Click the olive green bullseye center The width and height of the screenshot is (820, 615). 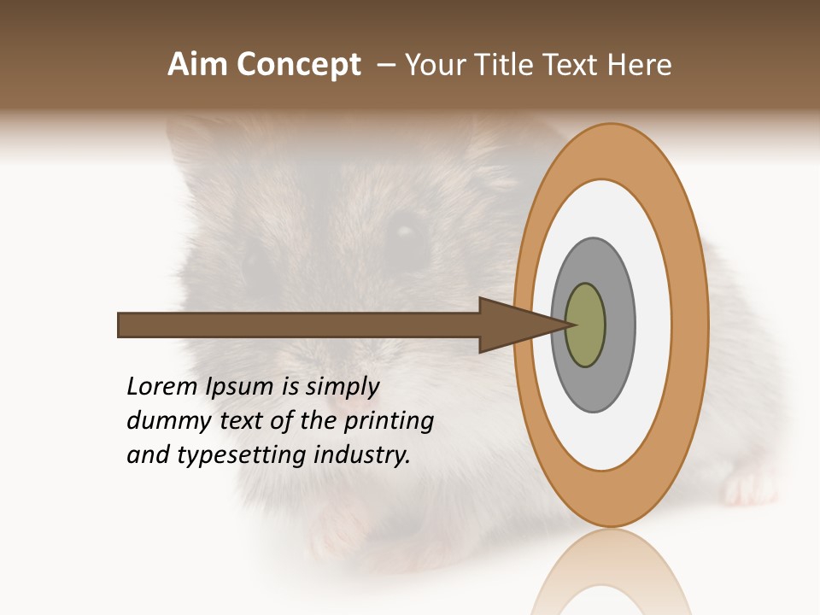[585, 325]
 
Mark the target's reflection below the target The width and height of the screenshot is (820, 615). [610, 572]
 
